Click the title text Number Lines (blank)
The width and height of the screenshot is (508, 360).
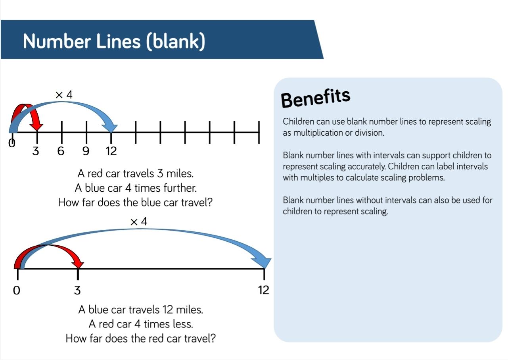pos(114,41)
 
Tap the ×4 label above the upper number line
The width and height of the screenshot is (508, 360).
pos(64,94)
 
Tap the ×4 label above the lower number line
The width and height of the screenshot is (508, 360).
pos(139,221)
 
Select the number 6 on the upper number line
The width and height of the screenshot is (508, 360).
pos(61,151)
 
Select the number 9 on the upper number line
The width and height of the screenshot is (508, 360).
pos(86,151)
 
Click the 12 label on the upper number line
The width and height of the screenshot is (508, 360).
pos(111,151)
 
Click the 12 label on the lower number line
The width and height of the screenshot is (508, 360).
pos(264,290)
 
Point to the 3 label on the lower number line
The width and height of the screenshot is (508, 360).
pos(77,290)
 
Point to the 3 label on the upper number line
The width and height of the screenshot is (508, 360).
pos(36,151)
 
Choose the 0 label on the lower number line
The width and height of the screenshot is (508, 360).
pos(17,290)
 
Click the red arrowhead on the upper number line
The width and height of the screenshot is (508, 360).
pos(36,127)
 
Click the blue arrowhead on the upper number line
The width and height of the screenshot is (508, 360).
pos(111,128)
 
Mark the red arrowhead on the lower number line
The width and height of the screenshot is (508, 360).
pos(78,265)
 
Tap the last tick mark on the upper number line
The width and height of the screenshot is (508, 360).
pos(259,132)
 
